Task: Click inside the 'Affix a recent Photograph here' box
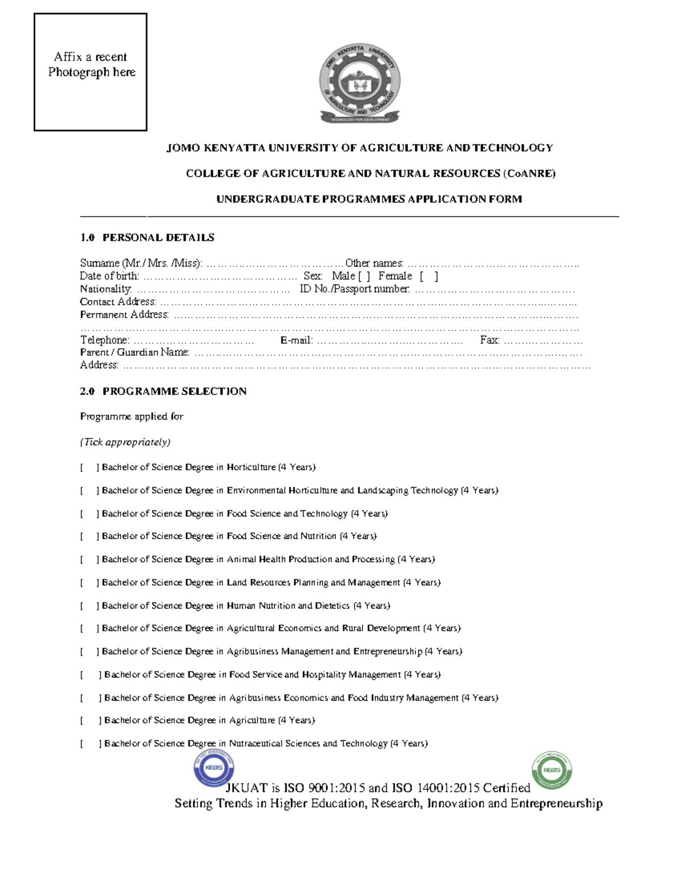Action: click(x=90, y=73)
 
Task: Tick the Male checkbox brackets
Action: click(x=364, y=276)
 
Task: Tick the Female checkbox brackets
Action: click(x=429, y=276)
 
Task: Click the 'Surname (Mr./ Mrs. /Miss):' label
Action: click(x=141, y=263)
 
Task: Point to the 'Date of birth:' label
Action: click(x=109, y=276)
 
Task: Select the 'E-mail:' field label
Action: click(x=296, y=340)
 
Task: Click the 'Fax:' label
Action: click(x=489, y=340)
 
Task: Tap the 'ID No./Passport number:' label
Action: click(x=354, y=289)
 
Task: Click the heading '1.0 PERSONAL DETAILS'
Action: click(x=147, y=238)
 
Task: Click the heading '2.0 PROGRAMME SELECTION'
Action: click(x=163, y=391)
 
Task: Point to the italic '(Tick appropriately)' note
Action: click(x=125, y=442)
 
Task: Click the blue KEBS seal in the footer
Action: click(x=214, y=768)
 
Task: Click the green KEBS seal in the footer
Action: click(x=552, y=770)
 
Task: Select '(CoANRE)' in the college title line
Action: click(x=529, y=174)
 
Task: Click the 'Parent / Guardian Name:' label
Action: click(x=134, y=352)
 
